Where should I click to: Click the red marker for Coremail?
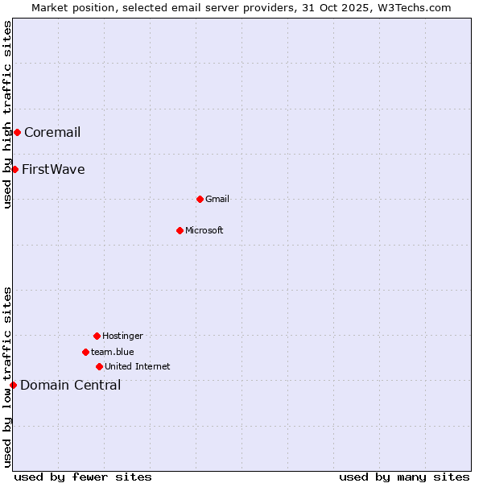click(17, 132)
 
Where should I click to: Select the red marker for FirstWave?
click(14, 169)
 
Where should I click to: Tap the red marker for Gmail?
click(200, 199)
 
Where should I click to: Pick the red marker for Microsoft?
click(180, 230)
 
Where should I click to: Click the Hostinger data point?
click(97, 336)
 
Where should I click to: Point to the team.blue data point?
click(85, 352)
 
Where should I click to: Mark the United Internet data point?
click(99, 366)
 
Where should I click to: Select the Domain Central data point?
click(13, 385)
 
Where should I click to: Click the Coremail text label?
click(52, 133)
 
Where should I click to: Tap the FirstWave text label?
click(53, 170)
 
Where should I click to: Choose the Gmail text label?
click(217, 200)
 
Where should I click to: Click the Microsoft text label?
click(204, 231)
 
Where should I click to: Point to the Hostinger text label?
click(122, 336)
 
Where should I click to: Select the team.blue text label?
click(113, 353)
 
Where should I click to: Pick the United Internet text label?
click(138, 367)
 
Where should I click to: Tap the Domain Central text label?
click(71, 386)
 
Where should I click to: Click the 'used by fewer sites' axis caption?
click(83, 477)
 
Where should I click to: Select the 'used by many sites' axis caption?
click(404, 477)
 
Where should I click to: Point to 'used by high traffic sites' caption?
click(7, 115)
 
